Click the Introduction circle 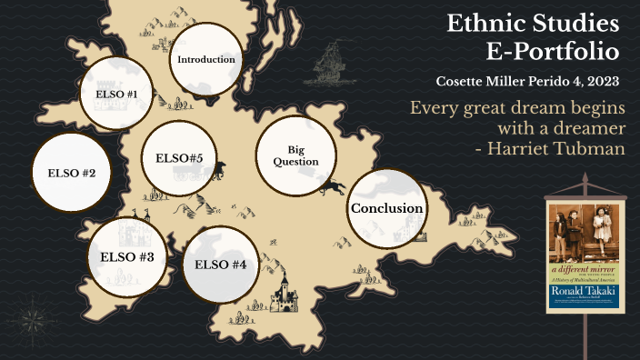point(206,59)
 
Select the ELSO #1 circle point(115,94)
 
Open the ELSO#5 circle point(179,158)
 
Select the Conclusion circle point(386,208)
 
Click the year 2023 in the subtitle point(601,82)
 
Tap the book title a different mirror point(583,270)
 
